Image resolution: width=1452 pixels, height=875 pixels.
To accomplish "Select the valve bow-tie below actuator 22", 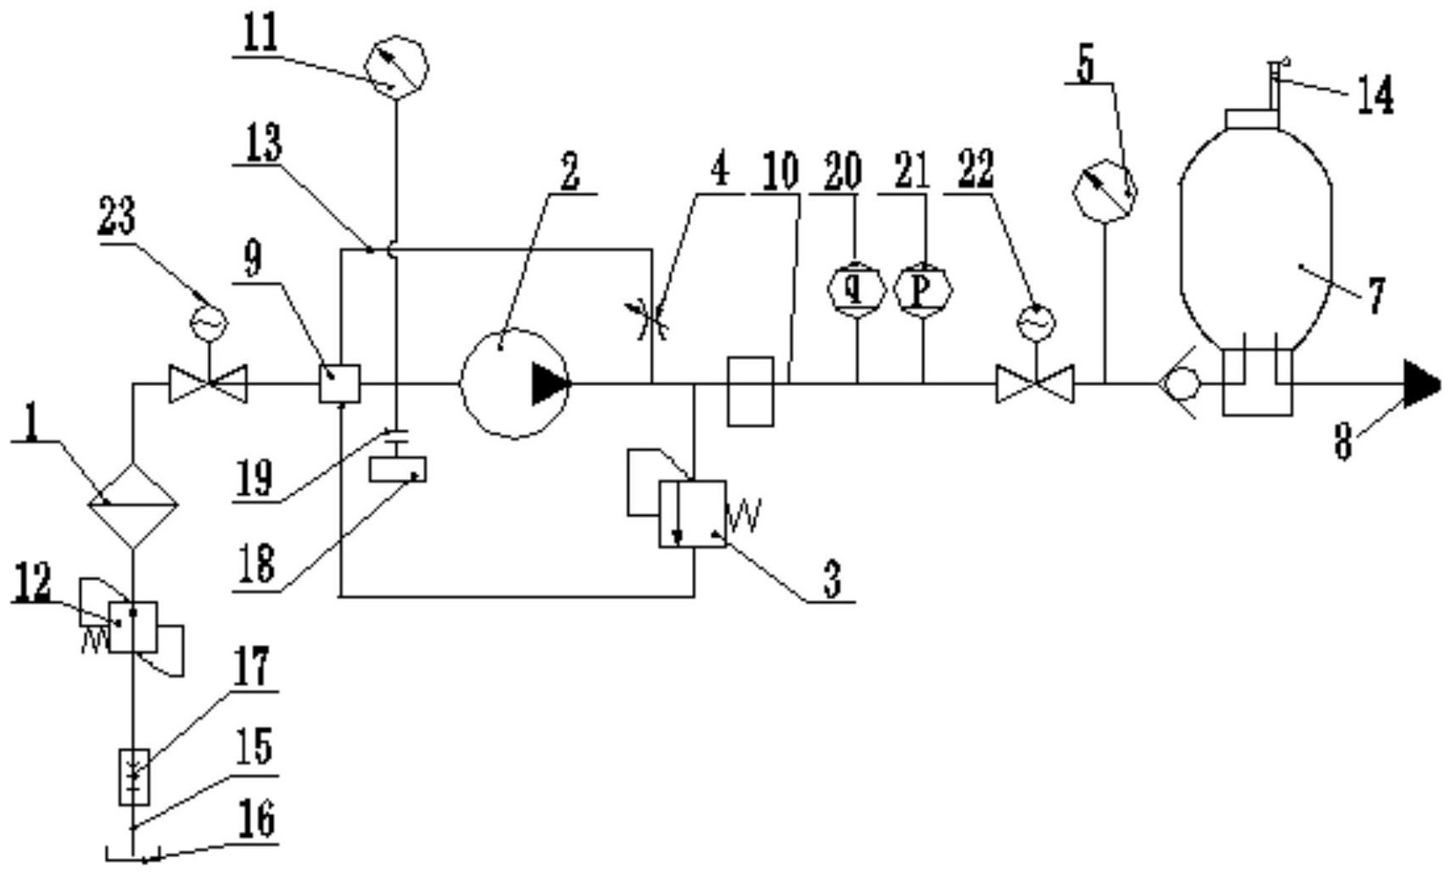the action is coord(1035,384).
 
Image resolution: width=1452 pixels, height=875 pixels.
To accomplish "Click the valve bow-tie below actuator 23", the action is coord(208,384).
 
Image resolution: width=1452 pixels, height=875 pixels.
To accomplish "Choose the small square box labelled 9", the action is coord(340,384).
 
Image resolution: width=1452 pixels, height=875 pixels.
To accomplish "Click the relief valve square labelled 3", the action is coord(693,514).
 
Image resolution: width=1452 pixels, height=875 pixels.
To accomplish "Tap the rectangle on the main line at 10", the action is coord(750,391).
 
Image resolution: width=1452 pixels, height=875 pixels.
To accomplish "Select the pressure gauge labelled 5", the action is coord(1105,191).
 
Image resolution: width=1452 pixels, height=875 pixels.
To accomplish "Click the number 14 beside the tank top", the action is coord(1374,96).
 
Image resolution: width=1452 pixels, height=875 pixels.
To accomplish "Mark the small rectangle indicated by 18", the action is coord(398,469).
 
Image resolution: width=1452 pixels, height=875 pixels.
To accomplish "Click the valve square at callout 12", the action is coord(133,626).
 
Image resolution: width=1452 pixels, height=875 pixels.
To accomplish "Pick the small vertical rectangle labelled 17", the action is coord(134,776).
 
